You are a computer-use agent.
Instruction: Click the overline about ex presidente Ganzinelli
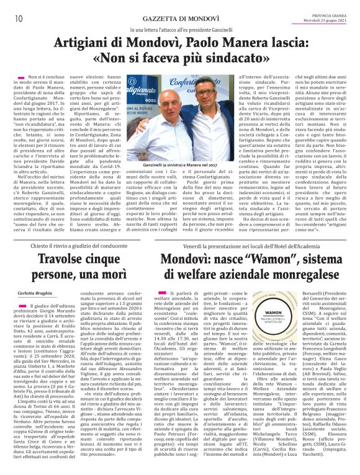coord(180,30)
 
